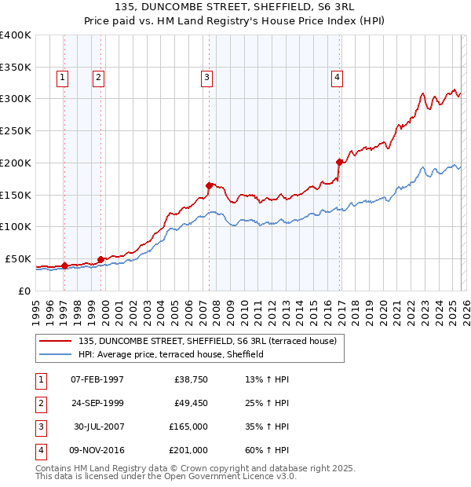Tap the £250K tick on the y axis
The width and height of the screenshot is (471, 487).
click(x=16, y=131)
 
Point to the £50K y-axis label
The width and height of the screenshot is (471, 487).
click(x=17, y=258)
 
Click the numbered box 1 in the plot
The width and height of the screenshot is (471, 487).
click(x=62, y=77)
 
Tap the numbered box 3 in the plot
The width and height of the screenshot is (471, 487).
click(x=206, y=77)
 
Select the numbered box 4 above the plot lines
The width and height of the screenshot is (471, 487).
click(x=336, y=77)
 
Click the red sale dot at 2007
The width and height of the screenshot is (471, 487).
click(x=210, y=185)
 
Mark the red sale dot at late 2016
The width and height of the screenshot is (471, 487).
click(x=339, y=163)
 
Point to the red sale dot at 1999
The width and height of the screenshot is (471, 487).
click(x=101, y=259)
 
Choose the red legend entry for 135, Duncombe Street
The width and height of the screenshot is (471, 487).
click(x=207, y=341)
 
